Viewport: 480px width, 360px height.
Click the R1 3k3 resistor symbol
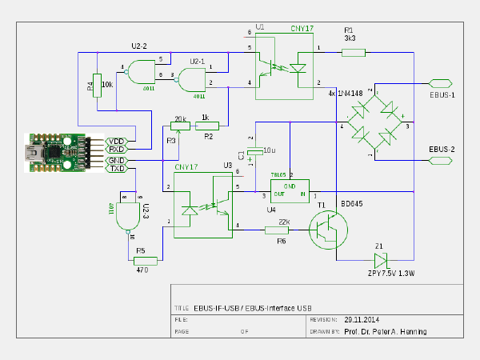(354, 53)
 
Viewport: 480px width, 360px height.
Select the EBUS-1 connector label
(442, 94)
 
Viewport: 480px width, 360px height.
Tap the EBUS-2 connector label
(442, 150)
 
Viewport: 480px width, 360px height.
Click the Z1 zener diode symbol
(380, 259)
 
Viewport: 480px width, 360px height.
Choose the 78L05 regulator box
(289, 190)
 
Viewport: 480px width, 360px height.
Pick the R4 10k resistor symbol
(97, 84)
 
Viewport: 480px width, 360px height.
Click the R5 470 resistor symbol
(146, 260)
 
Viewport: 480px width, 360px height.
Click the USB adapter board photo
(57, 151)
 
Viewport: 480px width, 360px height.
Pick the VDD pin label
(117, 141)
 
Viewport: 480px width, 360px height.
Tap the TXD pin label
(117, 168)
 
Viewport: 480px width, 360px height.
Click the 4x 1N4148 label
(345, 94)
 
